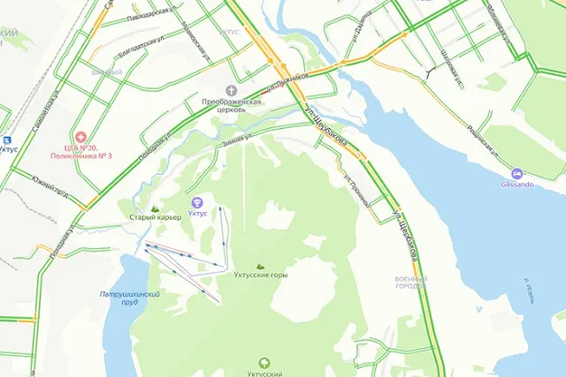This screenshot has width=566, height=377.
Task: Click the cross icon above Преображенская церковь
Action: point(232,90)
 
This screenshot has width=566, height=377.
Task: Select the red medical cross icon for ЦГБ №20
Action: point(80,138)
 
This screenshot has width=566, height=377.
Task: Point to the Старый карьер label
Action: point(155,217)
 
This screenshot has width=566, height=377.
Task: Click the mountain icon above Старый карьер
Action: point(156,208)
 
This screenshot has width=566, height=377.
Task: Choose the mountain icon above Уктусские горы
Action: point(260,266)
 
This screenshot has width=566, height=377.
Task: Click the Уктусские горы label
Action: point(260,275)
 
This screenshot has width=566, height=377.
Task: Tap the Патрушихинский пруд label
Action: point(130,298)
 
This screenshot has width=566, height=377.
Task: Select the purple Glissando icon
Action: point(517,173)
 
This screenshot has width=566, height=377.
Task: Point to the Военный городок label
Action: point(411,283)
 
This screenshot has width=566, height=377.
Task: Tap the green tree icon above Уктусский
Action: point(264,363)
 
